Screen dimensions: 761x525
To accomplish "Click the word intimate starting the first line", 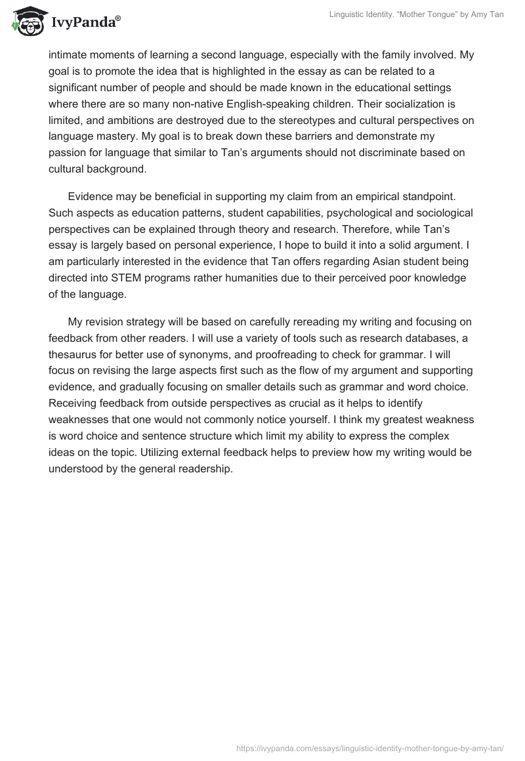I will (68, 55).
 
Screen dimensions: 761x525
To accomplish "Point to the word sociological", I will (430, 214).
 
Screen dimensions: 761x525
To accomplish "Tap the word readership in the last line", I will (205, 468).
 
